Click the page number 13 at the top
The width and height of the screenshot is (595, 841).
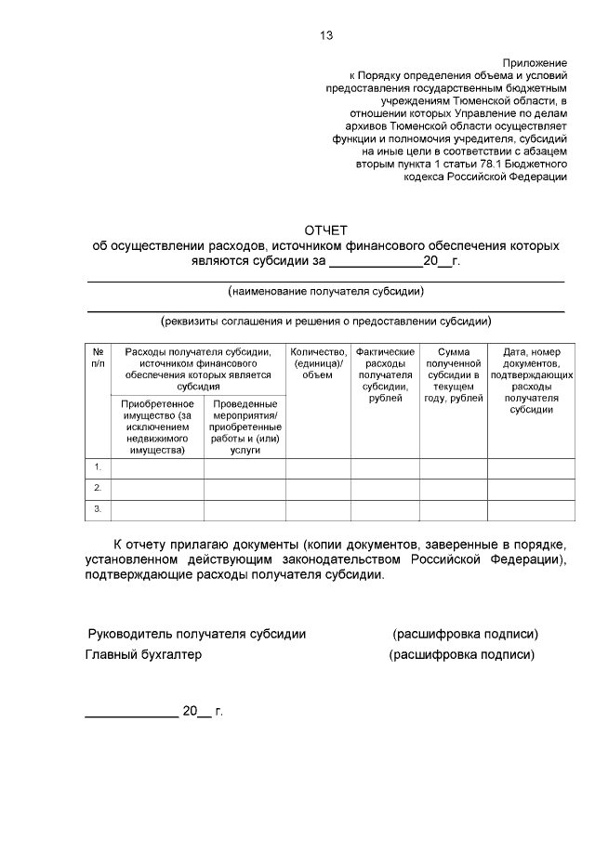(325, 36)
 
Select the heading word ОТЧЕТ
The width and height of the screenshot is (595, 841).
(325, 230)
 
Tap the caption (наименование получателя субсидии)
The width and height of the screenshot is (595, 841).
(325, 292)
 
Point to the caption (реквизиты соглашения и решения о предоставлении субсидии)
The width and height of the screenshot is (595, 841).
(325, 322)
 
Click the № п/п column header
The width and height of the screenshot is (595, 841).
(98, 358)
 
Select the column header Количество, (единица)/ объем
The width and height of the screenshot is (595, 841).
(318, 363)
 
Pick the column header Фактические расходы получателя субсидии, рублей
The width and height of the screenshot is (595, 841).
(385, 375)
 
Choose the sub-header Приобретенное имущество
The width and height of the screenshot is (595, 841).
(157, 427)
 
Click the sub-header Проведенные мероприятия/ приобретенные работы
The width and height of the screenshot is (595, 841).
(245, 427)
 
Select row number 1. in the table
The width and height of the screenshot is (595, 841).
(98, 466)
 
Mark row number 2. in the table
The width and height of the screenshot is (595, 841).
(98, 488)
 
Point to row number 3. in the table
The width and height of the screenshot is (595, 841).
(98, 508)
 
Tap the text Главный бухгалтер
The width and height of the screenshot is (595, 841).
(143, 654)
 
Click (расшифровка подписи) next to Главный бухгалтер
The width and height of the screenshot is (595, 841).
(461, 654)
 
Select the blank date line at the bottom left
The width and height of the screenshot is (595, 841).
(131, 716)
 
